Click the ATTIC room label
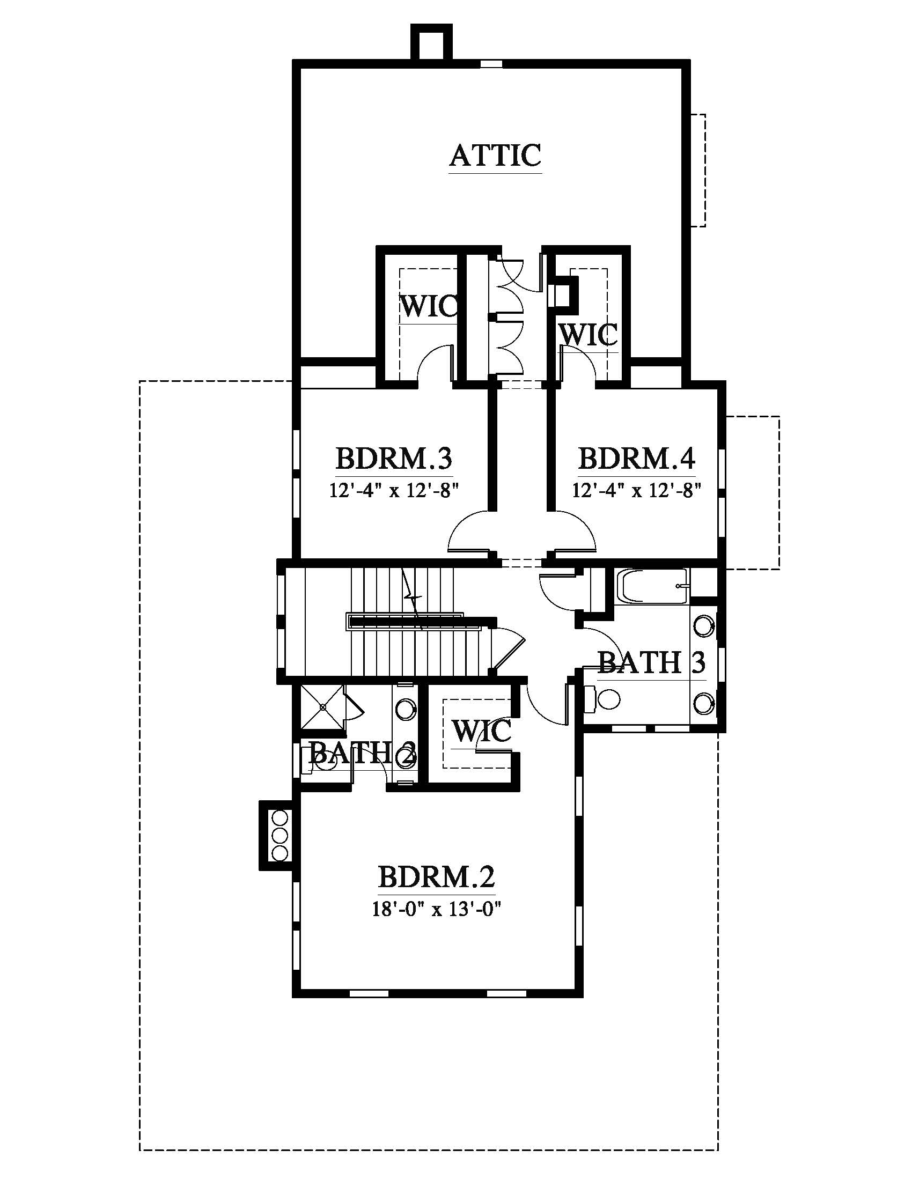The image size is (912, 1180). click(495, 156)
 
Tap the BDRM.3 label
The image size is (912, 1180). click(394, 459)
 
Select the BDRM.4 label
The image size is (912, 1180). click(636, 459)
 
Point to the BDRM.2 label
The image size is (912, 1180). click(436, 876)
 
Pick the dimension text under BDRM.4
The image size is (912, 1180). click(637, 490)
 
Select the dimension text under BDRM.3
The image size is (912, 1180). click(394, 490)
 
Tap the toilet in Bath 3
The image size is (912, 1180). click(601, 698)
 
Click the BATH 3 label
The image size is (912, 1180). click(652, 662)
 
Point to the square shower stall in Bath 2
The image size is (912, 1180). click(322, 706)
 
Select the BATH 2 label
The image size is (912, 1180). click(362, 753)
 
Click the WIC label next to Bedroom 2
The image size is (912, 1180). click(481, 731)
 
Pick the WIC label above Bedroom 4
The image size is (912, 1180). click(588, 335)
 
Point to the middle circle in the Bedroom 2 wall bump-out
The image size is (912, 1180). click(280, 835)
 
